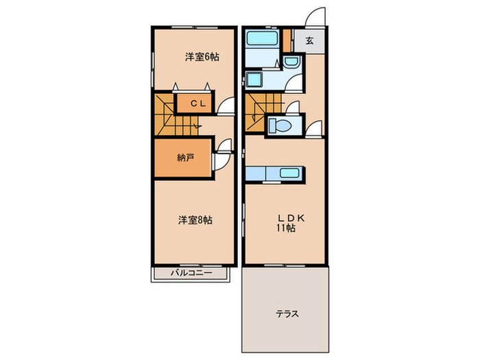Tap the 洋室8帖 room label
[195, 220]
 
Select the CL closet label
[198, 104]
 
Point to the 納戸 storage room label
[185, 158]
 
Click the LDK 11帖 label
[287, 223]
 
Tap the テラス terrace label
[287, 314]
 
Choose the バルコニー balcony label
[189, 274]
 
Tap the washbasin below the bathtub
[255, 80]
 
